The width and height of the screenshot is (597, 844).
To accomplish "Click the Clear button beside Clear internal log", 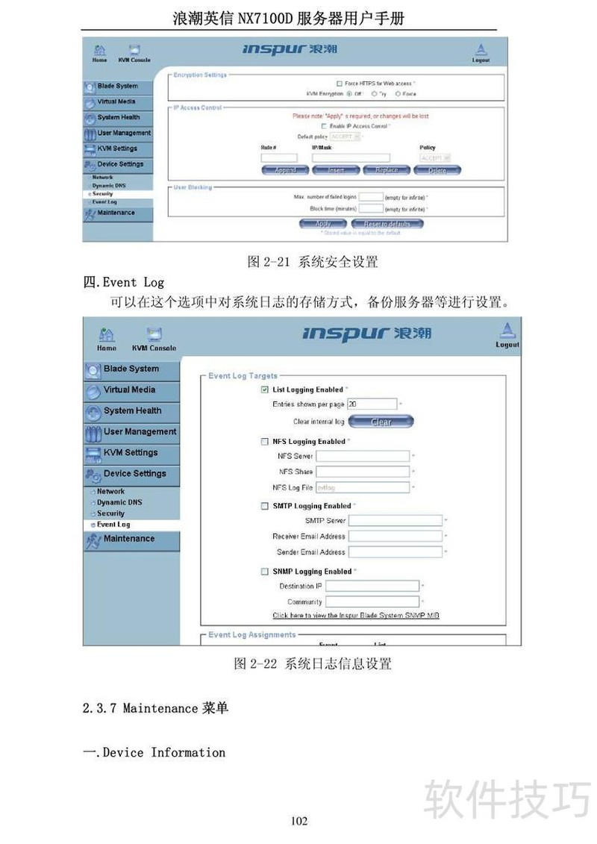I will point(381,422).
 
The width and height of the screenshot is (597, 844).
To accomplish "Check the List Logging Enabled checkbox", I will point(264,390).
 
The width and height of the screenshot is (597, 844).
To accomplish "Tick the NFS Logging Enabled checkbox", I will point(264,442).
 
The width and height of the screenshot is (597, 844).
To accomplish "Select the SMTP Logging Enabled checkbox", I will point(264,506).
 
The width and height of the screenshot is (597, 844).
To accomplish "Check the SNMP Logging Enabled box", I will point(264,572).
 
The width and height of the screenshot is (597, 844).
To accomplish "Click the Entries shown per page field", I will point(372,404).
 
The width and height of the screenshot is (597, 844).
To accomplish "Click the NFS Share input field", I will point(363,472).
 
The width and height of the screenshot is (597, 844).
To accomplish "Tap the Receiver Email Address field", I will point(395,536).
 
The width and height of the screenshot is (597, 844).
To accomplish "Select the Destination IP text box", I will point(372,587).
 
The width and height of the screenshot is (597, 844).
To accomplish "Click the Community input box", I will point(372,601).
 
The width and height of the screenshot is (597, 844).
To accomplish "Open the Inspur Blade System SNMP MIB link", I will point(355,616).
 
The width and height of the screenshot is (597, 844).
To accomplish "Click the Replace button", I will point(386,170).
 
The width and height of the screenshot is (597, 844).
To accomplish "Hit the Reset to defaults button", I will point(387,224).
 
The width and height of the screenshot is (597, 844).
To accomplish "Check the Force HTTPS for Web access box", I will point(339,84).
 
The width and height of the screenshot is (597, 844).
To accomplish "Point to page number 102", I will point(298,821).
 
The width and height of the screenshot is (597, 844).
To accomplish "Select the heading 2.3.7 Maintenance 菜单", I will point(155,707).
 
